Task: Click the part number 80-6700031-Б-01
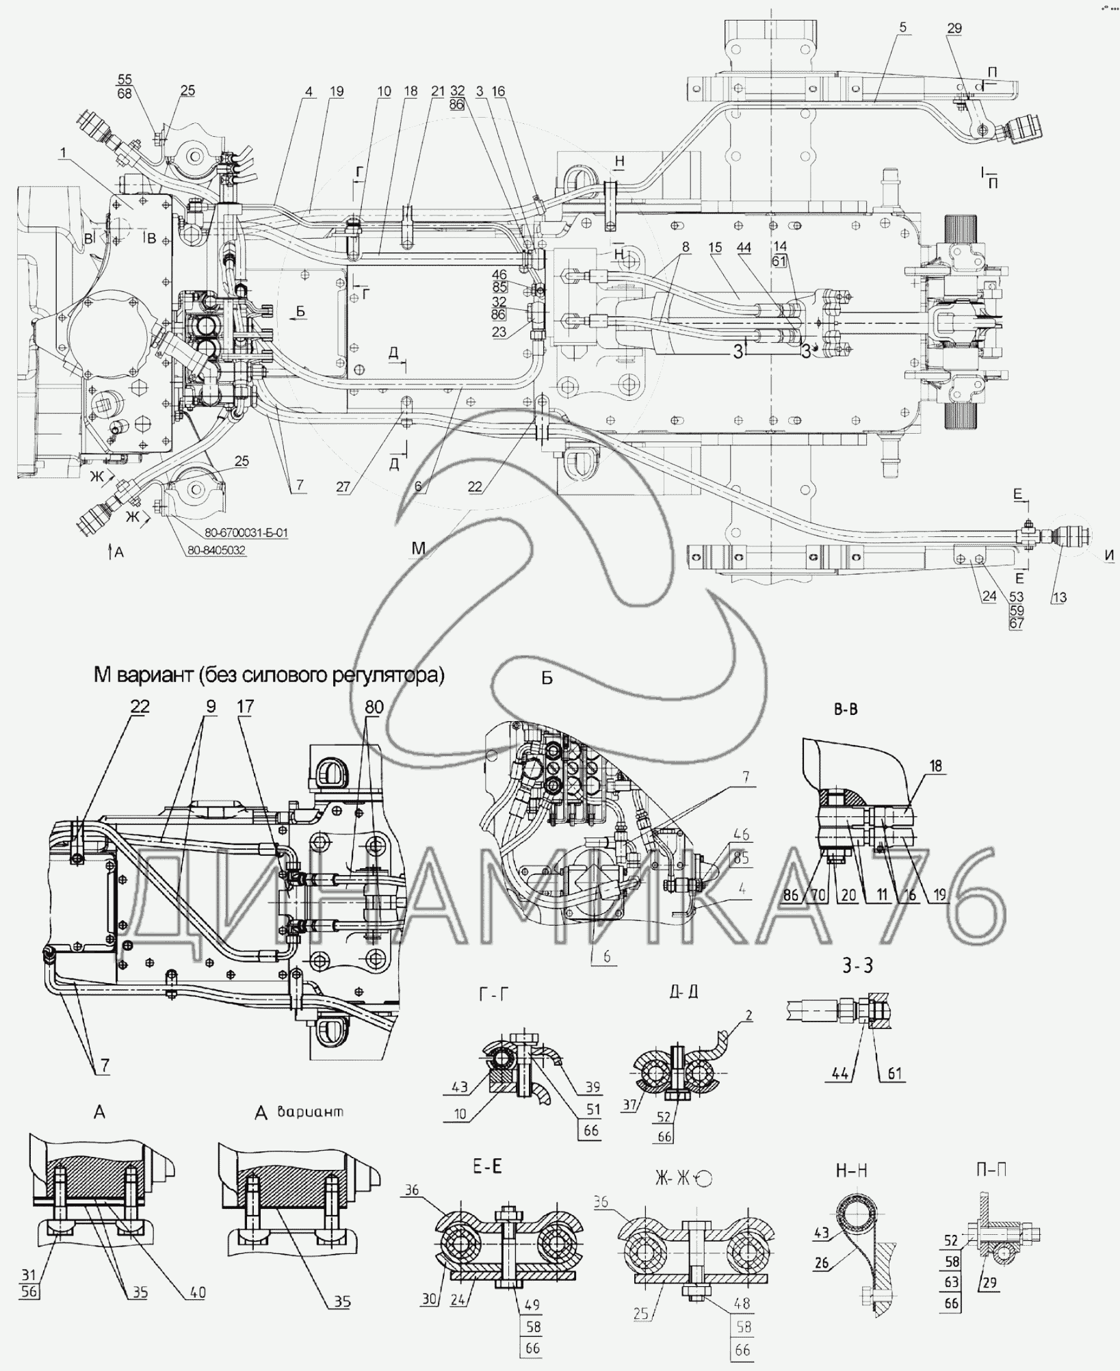click(x=248, y=533)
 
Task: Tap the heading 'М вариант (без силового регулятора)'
click(x=269, y=676)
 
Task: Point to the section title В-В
click(x=846, y=709)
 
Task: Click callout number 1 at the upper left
click(x=63, y=155)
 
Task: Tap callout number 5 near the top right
click(x=903, y=27)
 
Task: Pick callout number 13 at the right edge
click(x=1058, y=597)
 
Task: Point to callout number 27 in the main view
click(x=343, y=486)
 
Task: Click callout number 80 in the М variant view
click(x=374, y=708)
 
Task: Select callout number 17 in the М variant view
click(x=245, y=708)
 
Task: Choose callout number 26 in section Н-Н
click(x=822, y=1263)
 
